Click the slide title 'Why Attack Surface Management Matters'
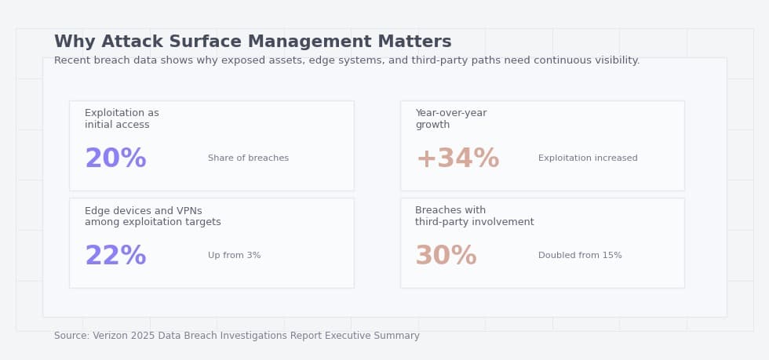tap(253, 42)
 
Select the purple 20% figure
tap(115, 159)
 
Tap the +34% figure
tap(457, 159)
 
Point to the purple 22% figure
tap(115, 256)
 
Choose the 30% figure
tap(446, 256)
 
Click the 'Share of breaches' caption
tap(248, 158)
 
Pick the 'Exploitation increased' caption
tap(588, 158)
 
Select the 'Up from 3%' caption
tap(234, 256)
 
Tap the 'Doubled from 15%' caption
tap(580, 256)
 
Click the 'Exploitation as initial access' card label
tap(122, 119)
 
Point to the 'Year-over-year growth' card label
tap(450, 119)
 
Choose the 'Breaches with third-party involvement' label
tap(474, 216)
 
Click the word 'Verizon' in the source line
tap(111, 336)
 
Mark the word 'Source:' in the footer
tap(71, 336)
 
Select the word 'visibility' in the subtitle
tap(614, 61)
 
